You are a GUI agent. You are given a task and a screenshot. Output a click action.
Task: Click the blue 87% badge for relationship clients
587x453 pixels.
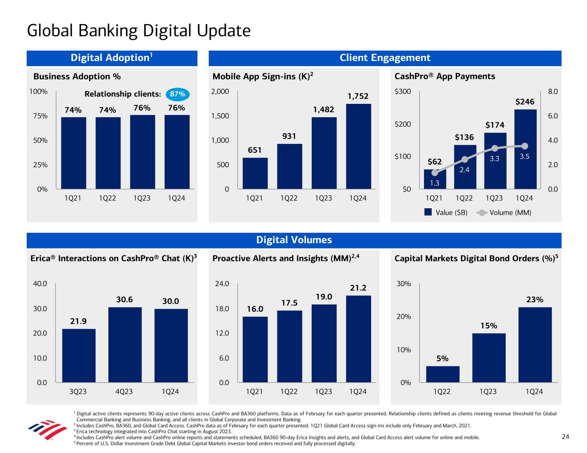[x=177, y=94]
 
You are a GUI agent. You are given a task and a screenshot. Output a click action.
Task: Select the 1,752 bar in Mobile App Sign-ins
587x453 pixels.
[x=358, y=146]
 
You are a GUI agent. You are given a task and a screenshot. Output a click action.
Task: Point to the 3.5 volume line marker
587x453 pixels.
[x=525, y=146]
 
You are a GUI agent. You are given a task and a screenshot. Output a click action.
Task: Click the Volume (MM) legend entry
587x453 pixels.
[x=505, y=213]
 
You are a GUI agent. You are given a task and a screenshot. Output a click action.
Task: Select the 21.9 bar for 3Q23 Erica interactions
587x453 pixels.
[x=79, y=355]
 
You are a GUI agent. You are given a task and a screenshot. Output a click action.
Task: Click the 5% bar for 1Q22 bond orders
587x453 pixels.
[x=443, y=374]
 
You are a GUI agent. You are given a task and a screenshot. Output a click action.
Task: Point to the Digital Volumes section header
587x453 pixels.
[x=294, y=240]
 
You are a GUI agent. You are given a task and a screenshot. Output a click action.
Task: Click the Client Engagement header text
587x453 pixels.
[x=385, y=58]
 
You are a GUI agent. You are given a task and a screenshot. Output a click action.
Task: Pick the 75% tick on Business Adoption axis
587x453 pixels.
[x=38, y=116]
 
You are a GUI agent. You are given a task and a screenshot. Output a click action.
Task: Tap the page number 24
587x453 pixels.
[x=565, y=437]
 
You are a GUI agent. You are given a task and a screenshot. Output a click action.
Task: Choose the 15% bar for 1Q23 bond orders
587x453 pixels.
[x=489, y=358]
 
